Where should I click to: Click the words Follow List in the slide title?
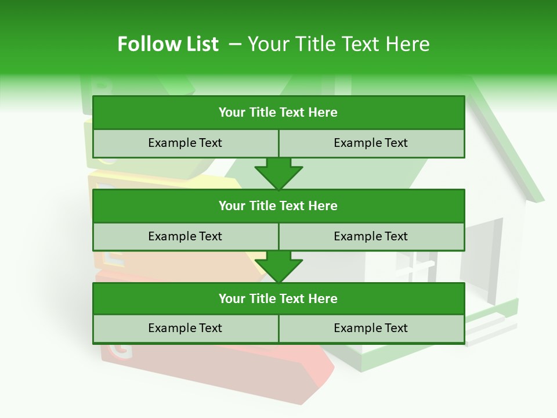coord(168,44)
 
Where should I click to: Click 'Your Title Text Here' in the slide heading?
coord(339,44)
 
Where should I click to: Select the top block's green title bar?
coord(278,113)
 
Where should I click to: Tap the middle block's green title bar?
coord(278,206)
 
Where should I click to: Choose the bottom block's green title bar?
coord(278,299)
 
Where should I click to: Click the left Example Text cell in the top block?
coord(185,143)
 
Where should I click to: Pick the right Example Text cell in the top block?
coord(371,143)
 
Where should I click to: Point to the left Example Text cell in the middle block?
coord(185,237)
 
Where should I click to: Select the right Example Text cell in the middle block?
coord(371,237)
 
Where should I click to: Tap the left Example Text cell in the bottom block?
coord(185,329)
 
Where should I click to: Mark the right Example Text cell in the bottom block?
coord(371,329)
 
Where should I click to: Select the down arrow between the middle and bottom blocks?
coord(278,267)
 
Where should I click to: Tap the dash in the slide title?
coord(235,44)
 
